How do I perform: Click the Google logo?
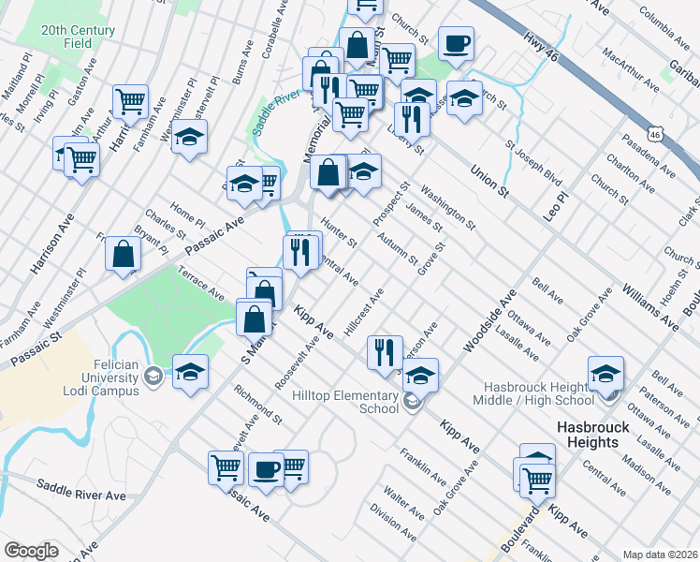coord(31,551)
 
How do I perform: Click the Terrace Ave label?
coord(202,282)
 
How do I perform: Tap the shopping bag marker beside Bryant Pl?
coord(124,253)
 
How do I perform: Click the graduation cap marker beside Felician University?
coord(190,372)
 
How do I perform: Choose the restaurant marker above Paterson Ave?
coord(384,352)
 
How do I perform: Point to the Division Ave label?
coord(393,525)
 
